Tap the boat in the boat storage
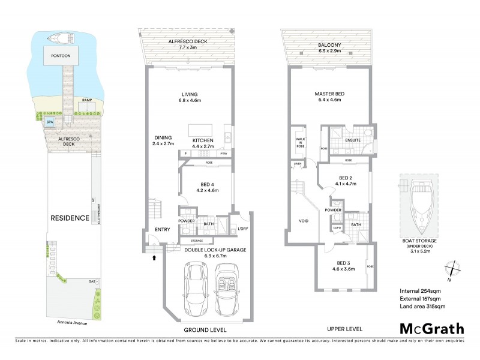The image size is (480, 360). [x=419, y=208]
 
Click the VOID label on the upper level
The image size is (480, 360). [x=304, y=221]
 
